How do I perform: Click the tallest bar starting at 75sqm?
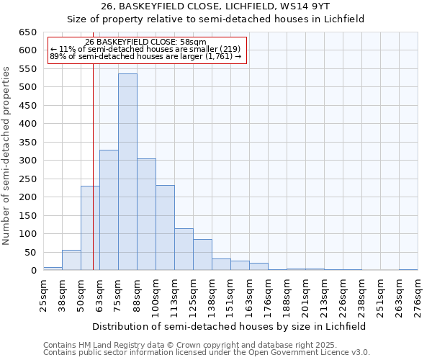tap(127, 172)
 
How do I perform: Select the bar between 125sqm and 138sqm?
tap(202, 255)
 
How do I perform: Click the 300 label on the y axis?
tap(28, 161)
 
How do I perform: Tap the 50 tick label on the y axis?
tap(31, 253)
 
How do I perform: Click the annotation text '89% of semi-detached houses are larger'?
tap(145, 57)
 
